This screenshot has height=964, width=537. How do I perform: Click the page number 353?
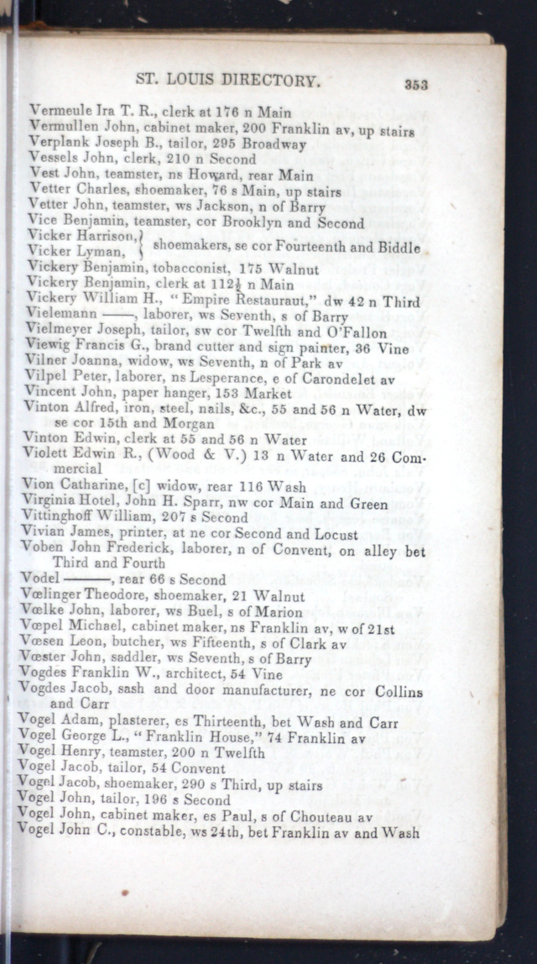[416, 84]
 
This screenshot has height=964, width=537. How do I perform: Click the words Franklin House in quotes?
[185, 737]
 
